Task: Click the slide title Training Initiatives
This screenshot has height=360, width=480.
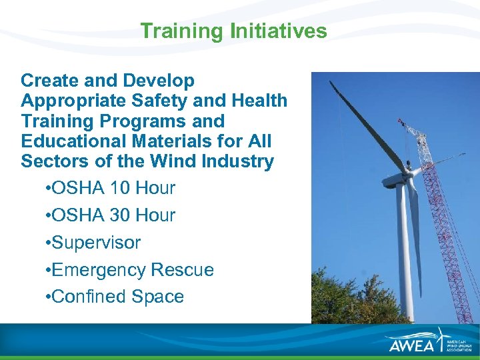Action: pos(233,31)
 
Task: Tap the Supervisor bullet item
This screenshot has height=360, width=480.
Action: pos(95,243)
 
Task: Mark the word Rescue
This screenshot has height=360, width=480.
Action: pos(183,270)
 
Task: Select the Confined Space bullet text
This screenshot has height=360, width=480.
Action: pos(117,297)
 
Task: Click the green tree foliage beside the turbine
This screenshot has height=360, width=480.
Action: pos(347,293)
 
